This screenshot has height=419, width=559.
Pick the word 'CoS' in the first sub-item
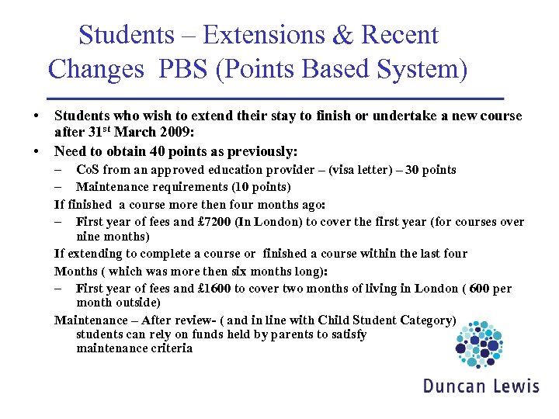point(89,169)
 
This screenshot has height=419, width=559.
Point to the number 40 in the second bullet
point(137,151)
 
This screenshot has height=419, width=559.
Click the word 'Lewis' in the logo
point(514,386)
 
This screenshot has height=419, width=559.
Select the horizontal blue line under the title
point(276,99)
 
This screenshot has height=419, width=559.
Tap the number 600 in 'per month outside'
point(480,288)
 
